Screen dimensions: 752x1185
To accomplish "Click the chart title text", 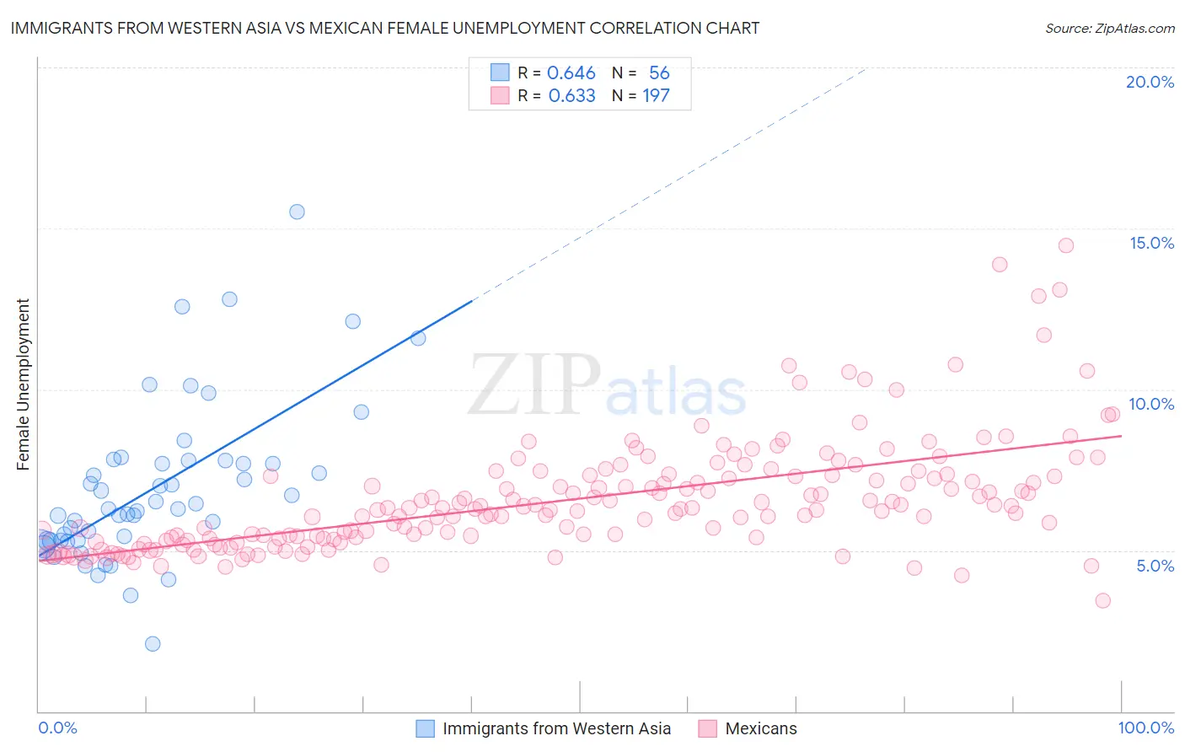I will [x=384, y=28].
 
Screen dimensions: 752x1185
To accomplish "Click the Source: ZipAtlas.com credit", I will [x=1109, y=28].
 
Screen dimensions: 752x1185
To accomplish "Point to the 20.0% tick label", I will [x=1150, y=82].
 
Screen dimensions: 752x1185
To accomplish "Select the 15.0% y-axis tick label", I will [x=1151, y=243].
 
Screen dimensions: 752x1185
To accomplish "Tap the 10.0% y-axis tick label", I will [x=1151, y=404].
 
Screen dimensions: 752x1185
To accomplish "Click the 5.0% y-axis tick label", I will [x=1155, y=566].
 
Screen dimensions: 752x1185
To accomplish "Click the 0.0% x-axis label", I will [x=57, y=728].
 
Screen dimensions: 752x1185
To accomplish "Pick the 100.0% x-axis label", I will [x=1145, y=728].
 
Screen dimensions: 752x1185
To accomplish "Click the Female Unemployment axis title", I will [x=23, y=384].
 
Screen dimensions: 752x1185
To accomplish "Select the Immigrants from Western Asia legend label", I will [x=556, y=728].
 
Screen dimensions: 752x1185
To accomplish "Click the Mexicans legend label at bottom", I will [x=760, y=728].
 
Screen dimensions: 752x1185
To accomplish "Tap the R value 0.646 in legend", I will [x=571, y=73].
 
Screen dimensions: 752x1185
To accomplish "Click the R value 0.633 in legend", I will [x=571, y=96].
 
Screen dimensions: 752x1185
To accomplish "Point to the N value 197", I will [x=656, y=96].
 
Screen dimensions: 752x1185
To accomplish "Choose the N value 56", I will [x=659, y=73].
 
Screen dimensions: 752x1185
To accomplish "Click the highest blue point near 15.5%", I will [x=297, y=212].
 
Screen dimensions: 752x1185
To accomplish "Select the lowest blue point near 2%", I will [x=153, y=644].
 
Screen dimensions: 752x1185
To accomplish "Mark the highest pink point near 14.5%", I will [x=1066, y=245].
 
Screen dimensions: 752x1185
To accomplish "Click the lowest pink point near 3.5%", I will [x=1102, y=601].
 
